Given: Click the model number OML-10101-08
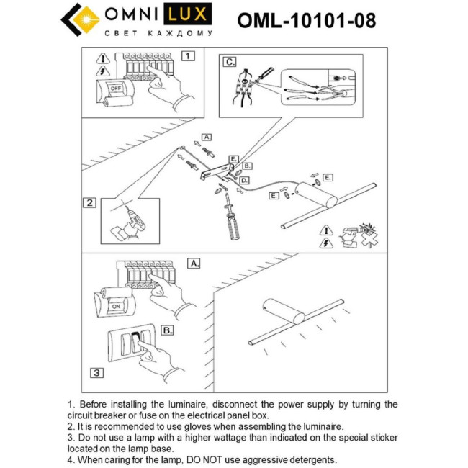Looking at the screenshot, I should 307,19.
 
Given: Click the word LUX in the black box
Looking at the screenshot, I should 189,14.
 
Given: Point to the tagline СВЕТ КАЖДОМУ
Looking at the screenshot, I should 158,33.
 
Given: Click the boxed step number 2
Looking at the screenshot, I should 89,202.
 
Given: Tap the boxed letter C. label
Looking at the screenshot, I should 230,62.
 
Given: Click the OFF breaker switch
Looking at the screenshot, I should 114,88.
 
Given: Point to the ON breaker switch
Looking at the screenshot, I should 114,305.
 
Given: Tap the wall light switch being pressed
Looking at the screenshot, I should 135,344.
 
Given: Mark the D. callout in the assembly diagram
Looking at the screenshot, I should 245,180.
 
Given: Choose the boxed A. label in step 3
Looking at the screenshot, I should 193,264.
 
